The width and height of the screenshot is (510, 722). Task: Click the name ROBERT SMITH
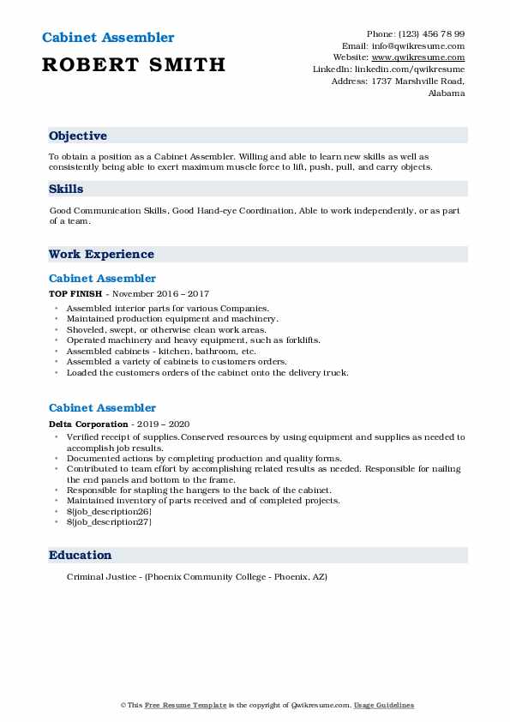134,64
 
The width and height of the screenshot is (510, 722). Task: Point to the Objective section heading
78,135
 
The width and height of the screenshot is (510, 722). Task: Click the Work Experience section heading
101,254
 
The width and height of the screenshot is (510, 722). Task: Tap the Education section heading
80,555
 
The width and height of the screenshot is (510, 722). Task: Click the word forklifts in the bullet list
299,340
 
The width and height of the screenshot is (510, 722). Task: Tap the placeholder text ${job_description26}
102,511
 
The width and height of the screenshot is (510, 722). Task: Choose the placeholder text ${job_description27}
102,521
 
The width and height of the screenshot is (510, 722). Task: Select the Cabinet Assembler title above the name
107,38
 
